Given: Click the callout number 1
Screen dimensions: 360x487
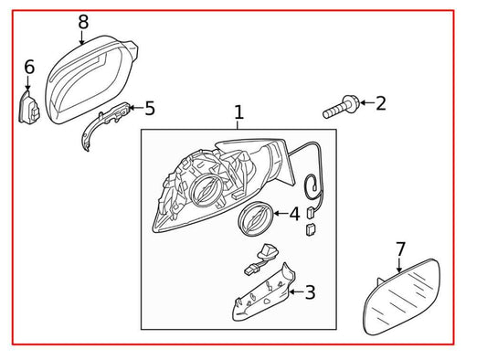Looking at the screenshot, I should pyautogui.click(x=238, y=112).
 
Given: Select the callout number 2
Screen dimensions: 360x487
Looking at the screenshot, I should pyautogui.click(x=380, y=103).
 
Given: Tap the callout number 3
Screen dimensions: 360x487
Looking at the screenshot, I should pyautogui.click(x=310, y=292).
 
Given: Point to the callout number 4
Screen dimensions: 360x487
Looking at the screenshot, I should pyautogui.click(x=293, y=214).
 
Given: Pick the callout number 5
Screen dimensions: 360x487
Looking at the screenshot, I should pyautogui.click(x=150, y=109).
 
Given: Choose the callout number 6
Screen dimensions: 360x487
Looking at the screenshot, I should pyautogui.click(x=29, y=67).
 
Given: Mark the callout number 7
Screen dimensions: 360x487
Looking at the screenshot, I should pyautogui.click(x=400, y=249).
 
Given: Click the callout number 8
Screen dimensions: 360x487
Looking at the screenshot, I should pyautogui.click(x=83, y=21).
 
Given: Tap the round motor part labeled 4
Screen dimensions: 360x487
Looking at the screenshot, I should pyautogui.click(x=253, y=220).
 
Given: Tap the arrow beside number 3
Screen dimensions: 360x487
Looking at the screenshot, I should pyautogui.click(x=294, y=293).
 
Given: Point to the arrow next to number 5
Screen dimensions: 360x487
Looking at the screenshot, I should pyautogui.click(x=134, y=110).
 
